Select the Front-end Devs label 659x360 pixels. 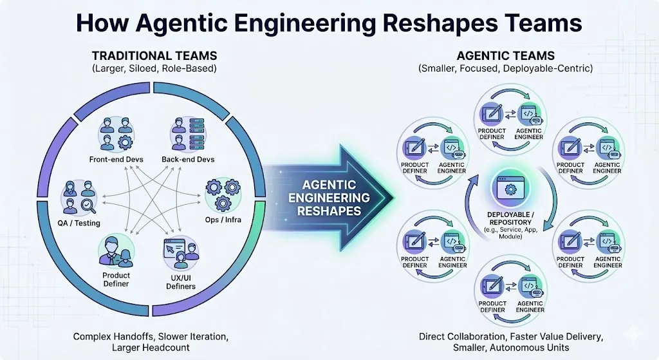tap(116, 159)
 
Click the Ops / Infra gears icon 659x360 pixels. tap(222, 193)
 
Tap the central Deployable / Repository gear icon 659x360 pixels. tap(509, 189)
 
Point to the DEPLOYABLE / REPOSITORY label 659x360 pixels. tap(510, 218)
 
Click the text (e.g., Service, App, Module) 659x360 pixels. tap(510, 232)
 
